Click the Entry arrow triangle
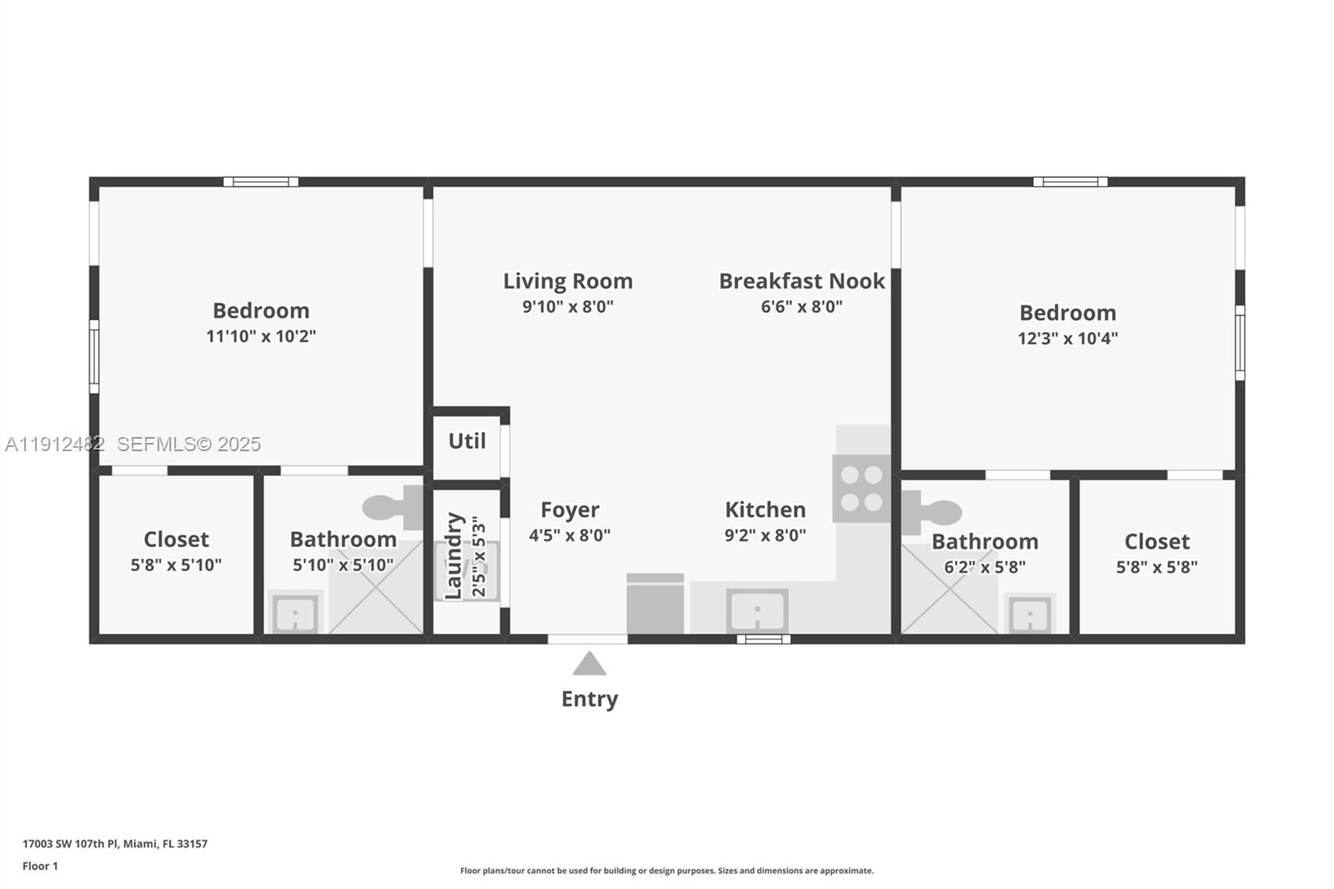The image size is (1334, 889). coord(589,664)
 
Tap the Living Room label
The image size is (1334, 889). coord(568,281)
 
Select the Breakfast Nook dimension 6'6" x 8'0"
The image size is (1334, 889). coord(801,307)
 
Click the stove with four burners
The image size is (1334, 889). coord(861,489)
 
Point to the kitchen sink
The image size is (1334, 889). coord(756,611)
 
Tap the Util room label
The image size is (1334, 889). coord(467,441)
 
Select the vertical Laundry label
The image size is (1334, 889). coord(454,555)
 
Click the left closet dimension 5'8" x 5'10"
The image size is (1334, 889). coord(176,565)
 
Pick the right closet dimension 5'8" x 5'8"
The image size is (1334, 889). coord(1156,567)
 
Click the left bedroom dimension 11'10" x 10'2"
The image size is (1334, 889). coord(261,337)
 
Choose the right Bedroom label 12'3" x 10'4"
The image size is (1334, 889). coord(1067,314)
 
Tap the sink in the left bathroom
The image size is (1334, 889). coord(294,615)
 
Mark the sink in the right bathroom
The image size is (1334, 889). coord(1030,616)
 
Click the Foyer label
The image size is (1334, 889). coord(569,510)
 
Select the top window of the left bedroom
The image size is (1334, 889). coord(260,182)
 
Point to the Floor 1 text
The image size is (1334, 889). coord(40,866)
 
